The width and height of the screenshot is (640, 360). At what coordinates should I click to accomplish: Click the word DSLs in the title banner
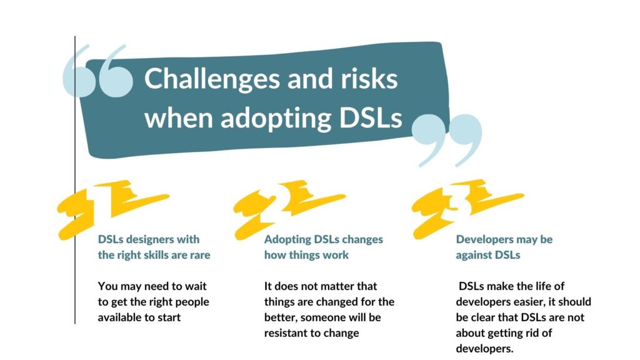tap(371, 117)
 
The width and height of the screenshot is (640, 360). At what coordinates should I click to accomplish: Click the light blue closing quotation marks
tap(446, 139)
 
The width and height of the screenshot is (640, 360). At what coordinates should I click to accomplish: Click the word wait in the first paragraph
tap(196, 286)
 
